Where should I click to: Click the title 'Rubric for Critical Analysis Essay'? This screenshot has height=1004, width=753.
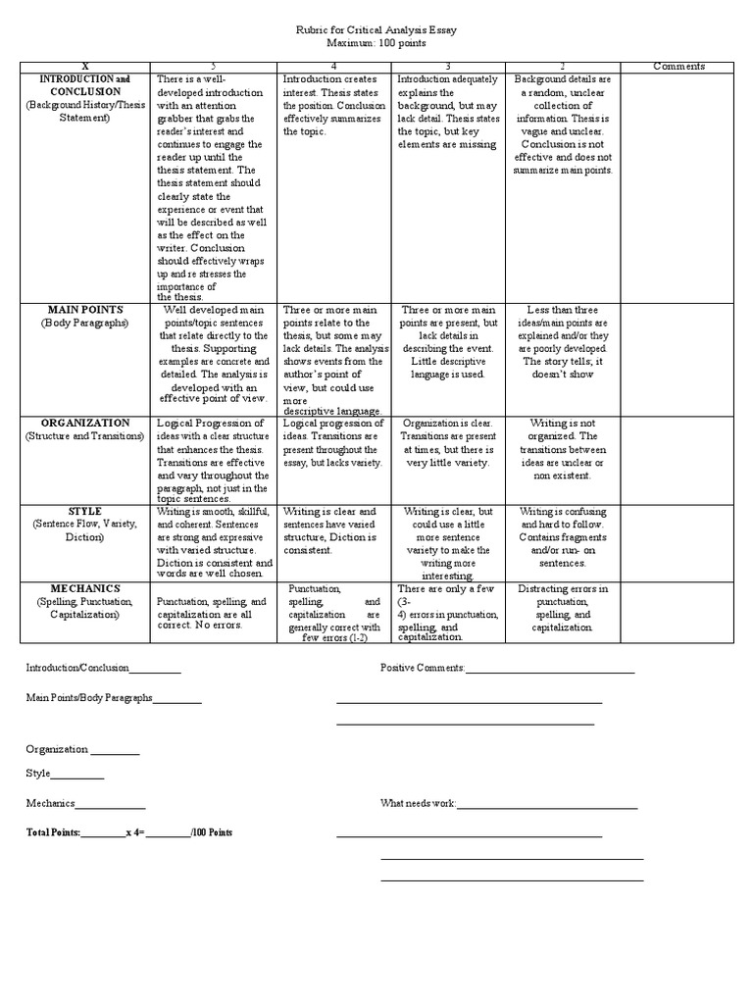tap(376, 30)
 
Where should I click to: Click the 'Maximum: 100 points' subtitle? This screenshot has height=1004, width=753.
tap(376, 44)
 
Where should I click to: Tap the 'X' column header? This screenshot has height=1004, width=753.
tap(84, 67)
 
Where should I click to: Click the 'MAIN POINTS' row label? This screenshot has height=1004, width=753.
tap(84, 310)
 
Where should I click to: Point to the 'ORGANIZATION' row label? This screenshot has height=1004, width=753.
tap(84, 423)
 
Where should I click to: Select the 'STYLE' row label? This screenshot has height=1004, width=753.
tap(84, 512)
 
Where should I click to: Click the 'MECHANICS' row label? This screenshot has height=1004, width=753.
tap(84, 588)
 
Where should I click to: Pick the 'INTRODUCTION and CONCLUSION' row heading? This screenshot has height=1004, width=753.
tap(84, 84)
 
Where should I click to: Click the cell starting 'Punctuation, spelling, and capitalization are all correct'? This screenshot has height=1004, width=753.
tap(212, 613)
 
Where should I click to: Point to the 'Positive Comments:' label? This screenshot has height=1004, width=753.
tap(423, 669)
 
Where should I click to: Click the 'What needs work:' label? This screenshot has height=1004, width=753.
tap(419, 804)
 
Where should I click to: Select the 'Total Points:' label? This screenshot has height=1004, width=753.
tap(53, 832)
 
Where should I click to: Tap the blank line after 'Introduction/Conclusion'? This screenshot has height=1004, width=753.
tap(155, 671)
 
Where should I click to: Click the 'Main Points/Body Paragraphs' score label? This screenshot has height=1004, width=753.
tap(88, 698)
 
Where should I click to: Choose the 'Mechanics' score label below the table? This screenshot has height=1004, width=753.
tap(50, 804)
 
